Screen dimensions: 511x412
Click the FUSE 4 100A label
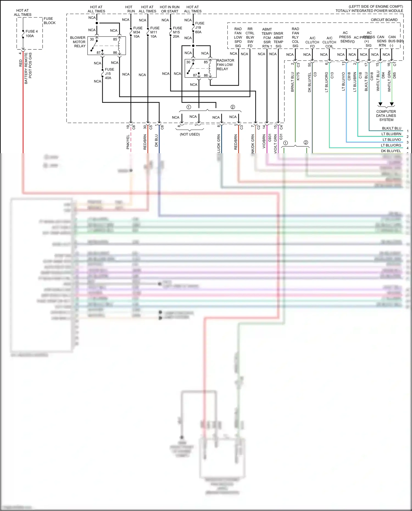point(31,33)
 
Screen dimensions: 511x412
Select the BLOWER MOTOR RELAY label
point(78,42)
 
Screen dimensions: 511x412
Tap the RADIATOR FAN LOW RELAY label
point(225,65)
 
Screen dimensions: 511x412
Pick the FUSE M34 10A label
point(138,32)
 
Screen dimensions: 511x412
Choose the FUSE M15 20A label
point(177,32)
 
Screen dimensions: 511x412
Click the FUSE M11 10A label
point(155,32)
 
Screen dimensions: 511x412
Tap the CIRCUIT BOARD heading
point(384,20)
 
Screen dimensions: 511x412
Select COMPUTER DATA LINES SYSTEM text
point(386,116)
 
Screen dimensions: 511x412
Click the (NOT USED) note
point(190,134)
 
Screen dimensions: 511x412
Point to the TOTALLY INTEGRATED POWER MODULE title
point(369,11)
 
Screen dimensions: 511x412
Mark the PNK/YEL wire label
point(128,142)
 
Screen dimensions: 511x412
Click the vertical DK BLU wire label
point(156,140)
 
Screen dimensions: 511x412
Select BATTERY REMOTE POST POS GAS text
point(28,68)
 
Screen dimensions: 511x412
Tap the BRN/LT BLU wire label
point(292,82)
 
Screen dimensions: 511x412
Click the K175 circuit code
point(298,76)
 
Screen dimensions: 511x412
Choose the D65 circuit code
point(394,75)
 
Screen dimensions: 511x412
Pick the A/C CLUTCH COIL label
point(329,42)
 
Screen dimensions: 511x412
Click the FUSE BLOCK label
point(49,21)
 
